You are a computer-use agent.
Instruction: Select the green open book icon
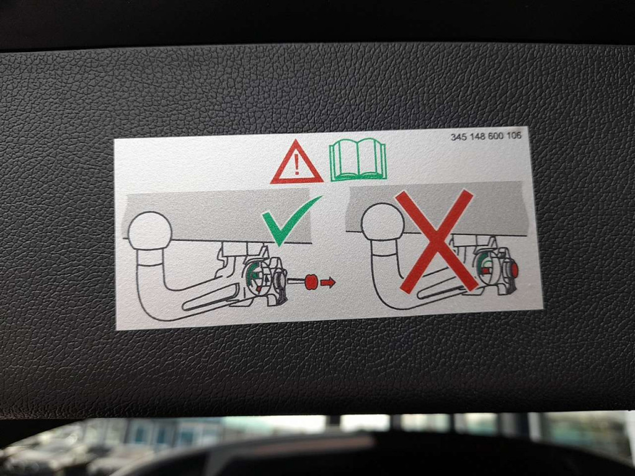358,159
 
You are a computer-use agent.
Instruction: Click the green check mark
291,220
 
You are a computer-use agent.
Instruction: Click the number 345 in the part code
459,137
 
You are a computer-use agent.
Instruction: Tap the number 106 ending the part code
513,135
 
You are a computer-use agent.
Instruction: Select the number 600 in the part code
495,136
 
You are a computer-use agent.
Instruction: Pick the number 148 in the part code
477,136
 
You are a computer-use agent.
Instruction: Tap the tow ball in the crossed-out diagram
383,222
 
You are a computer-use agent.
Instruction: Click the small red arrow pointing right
327,282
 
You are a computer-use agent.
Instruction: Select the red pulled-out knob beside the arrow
311,282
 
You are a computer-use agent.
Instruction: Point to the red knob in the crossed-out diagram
514,270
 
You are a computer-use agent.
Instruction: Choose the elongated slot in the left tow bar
211,297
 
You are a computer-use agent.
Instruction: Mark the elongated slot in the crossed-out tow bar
441,289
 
